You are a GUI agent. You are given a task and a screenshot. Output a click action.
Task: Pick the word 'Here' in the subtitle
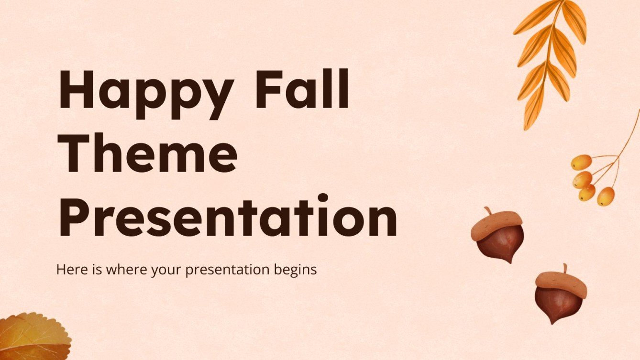(x=70, y=270)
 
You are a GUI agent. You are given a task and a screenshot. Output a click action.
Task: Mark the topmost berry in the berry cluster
(x=581, y=162)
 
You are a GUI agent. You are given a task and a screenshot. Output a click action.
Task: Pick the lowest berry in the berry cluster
(x=606, y=196)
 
